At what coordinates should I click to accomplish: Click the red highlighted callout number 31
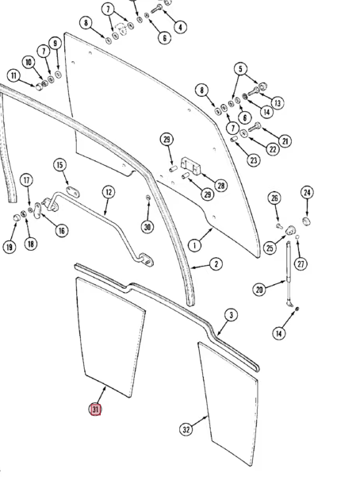(x=95, y=409)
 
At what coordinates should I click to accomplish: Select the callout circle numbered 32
(x=186, y=430)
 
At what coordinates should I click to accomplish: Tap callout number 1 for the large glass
(x=194, y=245)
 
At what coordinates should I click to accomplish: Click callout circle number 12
(x=108, y=192)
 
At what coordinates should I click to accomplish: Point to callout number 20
(x=259, y=290)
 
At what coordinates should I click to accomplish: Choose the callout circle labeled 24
(x=307, y=193)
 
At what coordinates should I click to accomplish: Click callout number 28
(x=220, y=186)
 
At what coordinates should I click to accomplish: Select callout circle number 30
(x=147, y=227)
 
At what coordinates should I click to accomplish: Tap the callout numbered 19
(x=10, y=247)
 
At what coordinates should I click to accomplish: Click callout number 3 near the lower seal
(x=231, y=315)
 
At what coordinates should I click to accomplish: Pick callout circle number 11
(x=13, y=75)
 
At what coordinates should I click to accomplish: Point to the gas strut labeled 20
(x=289, y=274)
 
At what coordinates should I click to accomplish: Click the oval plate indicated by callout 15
(x=73, y=192)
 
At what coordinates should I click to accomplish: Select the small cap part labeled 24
(x=307, y=221)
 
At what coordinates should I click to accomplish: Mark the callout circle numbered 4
(x=180, y=27)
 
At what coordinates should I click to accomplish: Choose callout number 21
(x=285, y=141)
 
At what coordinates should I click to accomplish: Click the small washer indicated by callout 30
(x=148, y=197)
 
